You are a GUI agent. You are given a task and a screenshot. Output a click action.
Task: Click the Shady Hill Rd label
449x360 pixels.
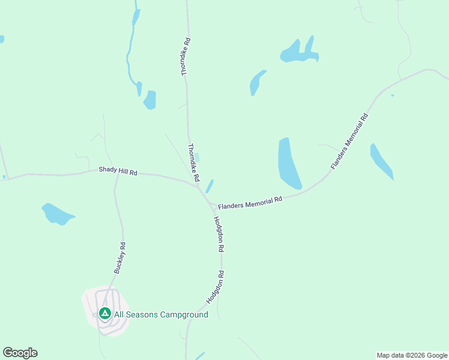click(118, 172)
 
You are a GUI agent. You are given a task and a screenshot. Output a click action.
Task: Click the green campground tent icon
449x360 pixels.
click(105, 313)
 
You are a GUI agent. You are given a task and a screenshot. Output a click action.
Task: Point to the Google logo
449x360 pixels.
click(20, 353)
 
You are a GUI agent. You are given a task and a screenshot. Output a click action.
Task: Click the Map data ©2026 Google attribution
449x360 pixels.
click(412, 355)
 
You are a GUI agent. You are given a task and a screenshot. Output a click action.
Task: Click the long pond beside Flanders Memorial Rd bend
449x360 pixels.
click(289, 164)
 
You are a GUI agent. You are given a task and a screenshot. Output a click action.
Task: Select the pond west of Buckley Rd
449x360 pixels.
click(57, 214)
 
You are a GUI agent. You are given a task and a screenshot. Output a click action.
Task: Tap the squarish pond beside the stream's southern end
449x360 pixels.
click(149, 100)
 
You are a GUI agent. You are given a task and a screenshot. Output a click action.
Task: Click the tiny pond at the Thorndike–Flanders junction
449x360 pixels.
click(209, 185)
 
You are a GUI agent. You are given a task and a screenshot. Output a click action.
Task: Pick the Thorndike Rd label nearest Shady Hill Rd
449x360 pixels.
click(193, 163)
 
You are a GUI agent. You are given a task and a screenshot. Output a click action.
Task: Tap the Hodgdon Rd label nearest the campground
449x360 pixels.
click(215, 287)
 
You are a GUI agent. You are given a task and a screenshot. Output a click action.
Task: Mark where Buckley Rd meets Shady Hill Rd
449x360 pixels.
click(117, 176)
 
